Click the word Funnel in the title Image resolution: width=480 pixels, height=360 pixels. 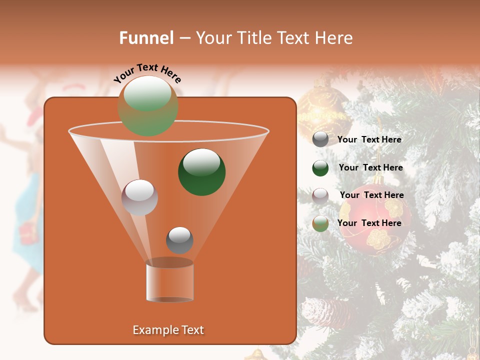pos(146,37)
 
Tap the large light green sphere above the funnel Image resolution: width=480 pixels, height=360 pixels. pos(147,105)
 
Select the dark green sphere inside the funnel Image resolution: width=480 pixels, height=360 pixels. pos(201,171)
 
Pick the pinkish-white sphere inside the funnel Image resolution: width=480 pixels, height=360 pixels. pos(139,197)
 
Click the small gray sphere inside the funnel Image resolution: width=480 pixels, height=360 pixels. pos(179,240)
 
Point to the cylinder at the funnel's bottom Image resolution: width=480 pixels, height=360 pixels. pos(169,281)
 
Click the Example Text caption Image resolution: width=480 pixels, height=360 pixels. pos(168,330)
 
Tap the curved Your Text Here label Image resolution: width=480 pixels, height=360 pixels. pos(147,73)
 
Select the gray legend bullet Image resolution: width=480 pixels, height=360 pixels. pos(320,139)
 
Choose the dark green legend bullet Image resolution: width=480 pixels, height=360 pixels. pos(320,168)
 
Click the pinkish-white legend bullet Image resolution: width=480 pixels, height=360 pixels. pos(320,195)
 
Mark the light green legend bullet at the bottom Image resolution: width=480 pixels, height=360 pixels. pos(320,223)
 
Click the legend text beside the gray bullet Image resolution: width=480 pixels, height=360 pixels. pos(369,139)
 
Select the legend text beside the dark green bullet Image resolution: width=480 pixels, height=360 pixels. pos(370,167)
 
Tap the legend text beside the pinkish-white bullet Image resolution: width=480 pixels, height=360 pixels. pos(371,195)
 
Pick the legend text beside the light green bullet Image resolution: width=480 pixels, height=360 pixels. pos(369,223)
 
